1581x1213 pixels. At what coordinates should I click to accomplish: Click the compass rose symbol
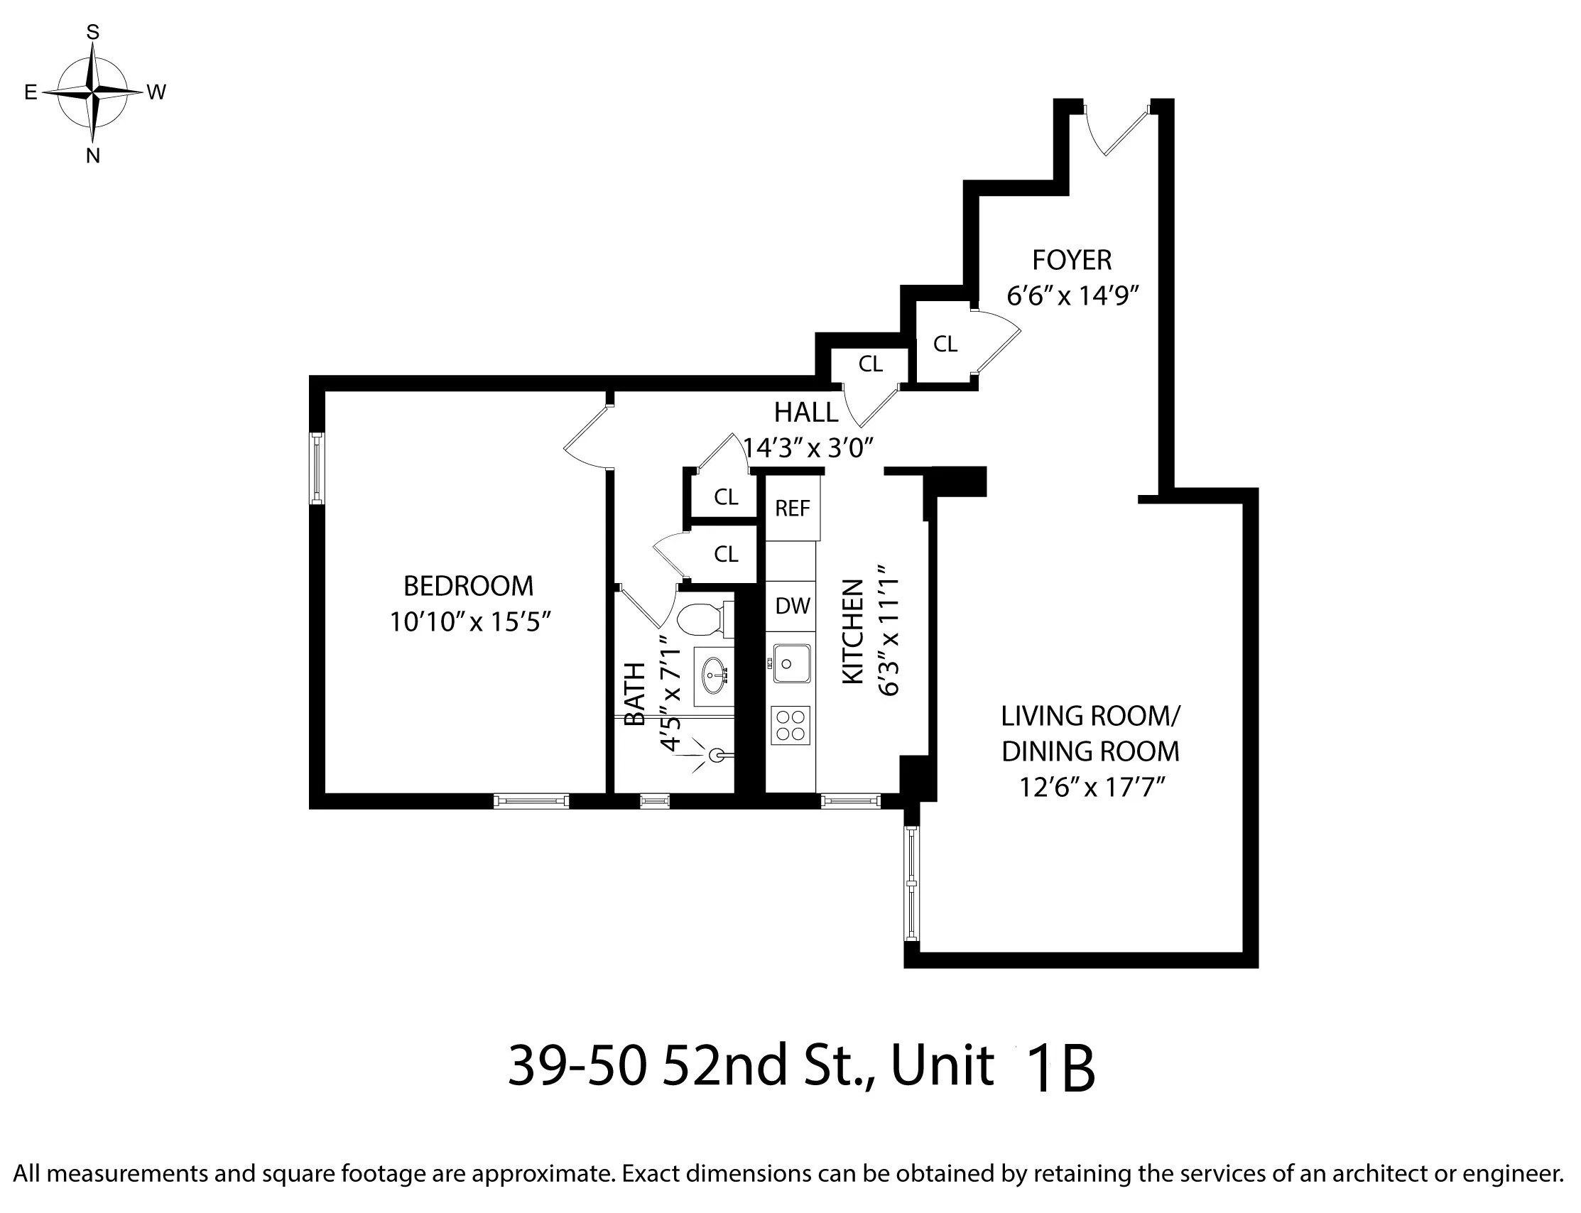coord(92,92)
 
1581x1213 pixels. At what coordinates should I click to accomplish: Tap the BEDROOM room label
coord(468,586)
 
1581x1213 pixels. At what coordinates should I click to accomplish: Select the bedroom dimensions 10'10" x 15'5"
coord(470,621)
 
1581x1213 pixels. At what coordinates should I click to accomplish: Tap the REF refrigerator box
coord(793,508)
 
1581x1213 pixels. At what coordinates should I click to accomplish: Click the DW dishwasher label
coord(792,606)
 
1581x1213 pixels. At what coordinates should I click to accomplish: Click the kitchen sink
coord(791,663)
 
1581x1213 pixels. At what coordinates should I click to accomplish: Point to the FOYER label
coord(1071,260)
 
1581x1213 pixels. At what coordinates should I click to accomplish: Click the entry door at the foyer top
coord(1115,130)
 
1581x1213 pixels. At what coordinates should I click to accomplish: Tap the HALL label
coord(805,413)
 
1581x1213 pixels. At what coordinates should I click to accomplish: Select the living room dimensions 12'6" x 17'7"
coord(1092,787)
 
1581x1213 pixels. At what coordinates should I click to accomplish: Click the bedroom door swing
coord(586,437)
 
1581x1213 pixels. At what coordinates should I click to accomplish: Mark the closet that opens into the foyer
coord(946,344)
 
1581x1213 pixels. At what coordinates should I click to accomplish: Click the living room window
coord(912,882)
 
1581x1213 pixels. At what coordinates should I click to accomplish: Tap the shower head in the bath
coord(715,755)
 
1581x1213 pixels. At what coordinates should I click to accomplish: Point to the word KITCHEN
coord(852,631)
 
